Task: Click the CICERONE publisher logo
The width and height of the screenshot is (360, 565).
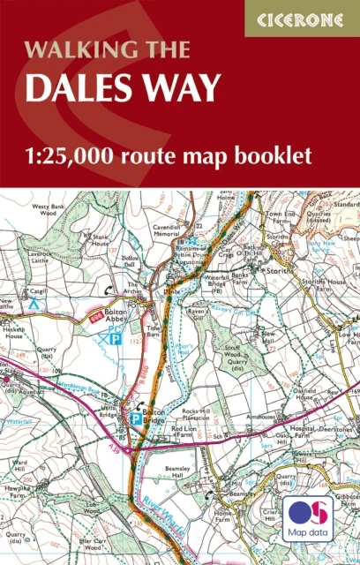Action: [x=302, y=18]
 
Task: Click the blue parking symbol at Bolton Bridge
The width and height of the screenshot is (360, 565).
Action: [x=136, y=418]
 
